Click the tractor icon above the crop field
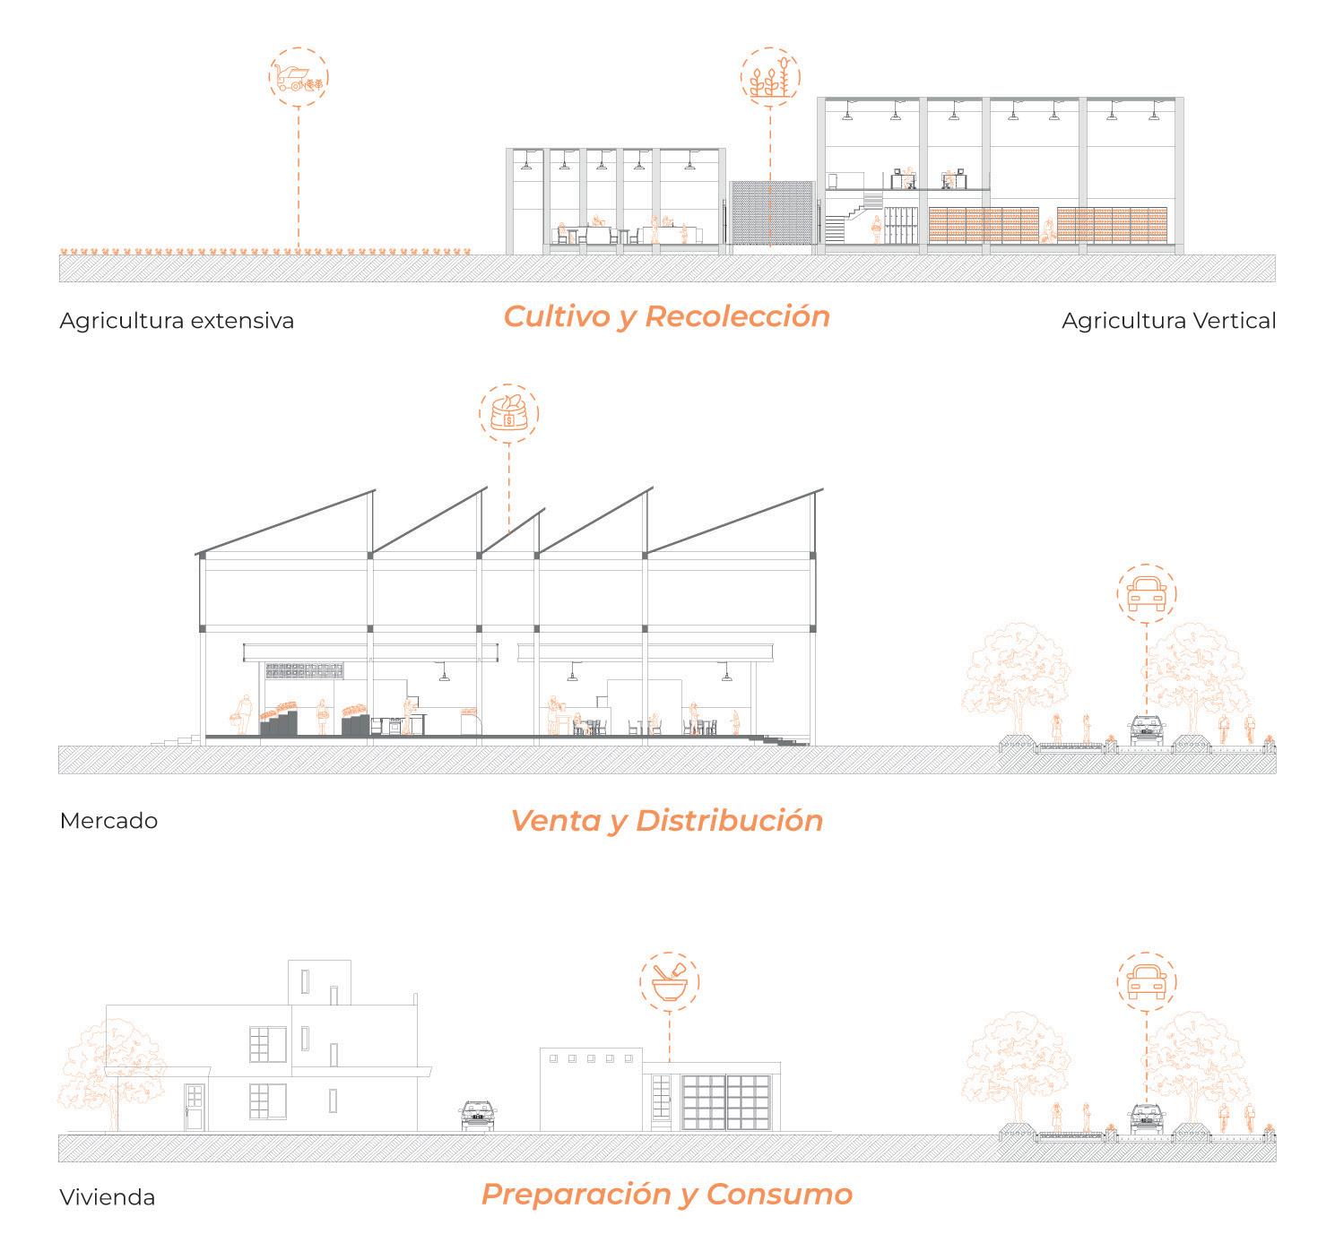click(298, 77)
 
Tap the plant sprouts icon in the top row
click(770, 77)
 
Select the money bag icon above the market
click(509, 415)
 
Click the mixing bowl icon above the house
click(670, 981)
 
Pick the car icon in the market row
click(1148, 594)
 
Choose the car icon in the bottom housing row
click(1147, 982)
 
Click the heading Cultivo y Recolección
click(666, 316)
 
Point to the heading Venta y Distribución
click(666, 820)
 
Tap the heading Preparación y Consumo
click(666, 1194)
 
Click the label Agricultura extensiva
click(177, 321)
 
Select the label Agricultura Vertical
click(1168, 321)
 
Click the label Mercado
click(108, 821)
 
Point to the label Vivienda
click(107, 1197)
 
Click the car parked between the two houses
click(478, 1116)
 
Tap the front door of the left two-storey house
click(195, 1107)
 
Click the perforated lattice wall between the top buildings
click(771, 213)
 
